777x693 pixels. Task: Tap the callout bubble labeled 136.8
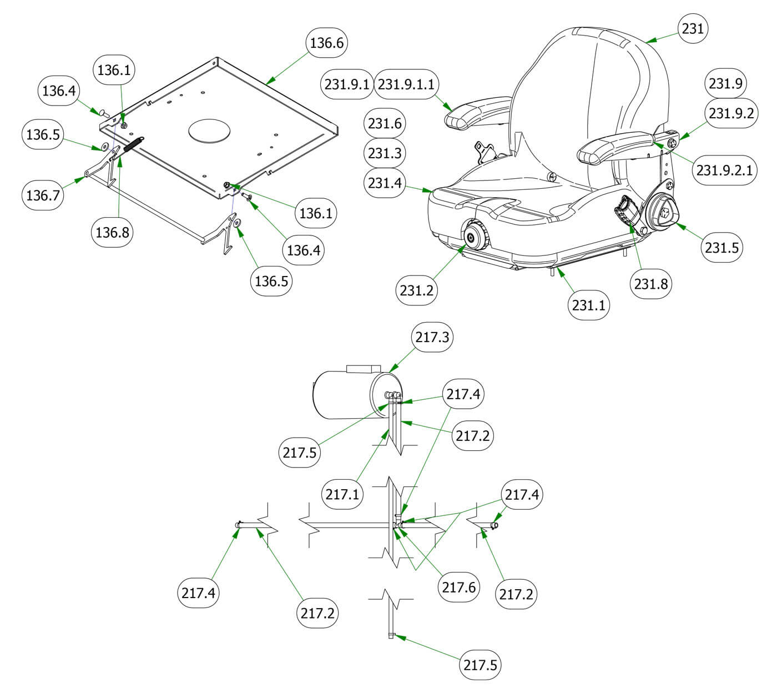click(x=112, y=232)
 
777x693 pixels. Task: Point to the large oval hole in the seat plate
click(x=209, y=131)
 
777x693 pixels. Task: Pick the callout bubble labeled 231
click(x=693, y=28)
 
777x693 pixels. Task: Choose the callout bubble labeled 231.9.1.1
click(x=406, y=84)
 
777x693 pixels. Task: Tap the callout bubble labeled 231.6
click(x=385, y=123)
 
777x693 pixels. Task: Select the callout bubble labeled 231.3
click(x=385, y=153)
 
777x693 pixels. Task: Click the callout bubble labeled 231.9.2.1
click(x=725, y=170)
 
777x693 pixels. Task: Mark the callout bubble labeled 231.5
click(x=722, y=247)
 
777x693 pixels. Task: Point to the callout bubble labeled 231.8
click(x=652, y=283)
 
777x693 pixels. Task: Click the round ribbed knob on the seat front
click(x=475, y=237)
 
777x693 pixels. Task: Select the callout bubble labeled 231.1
click(x=589, y=305)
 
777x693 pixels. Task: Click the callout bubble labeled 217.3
click(x=432, y=337)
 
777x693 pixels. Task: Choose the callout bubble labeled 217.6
click(x=458, y=586)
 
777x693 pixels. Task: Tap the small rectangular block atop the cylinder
click(x=362, y=369)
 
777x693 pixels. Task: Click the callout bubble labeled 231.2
click(x=417, y=289)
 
